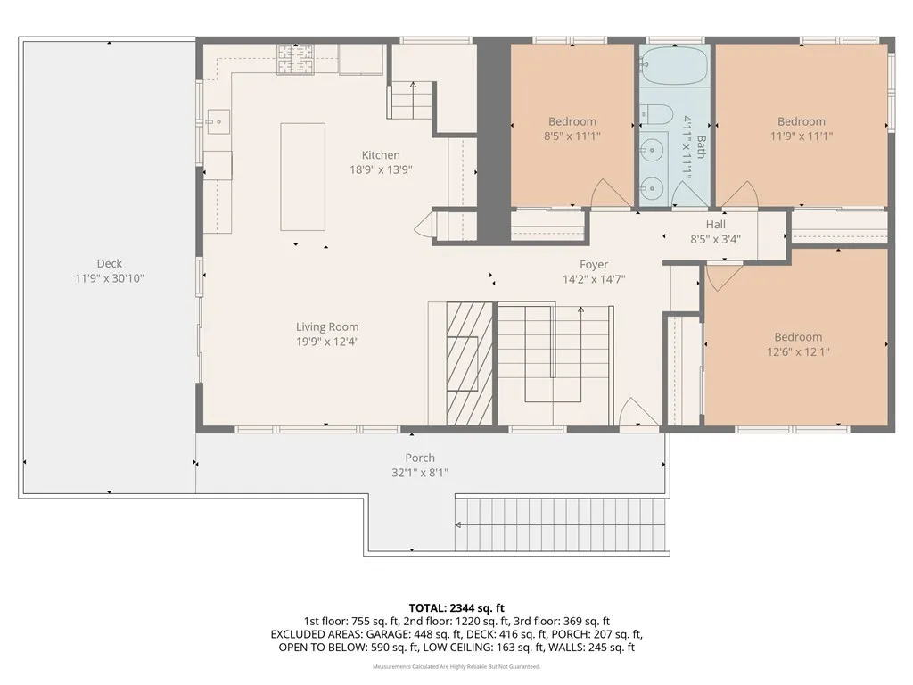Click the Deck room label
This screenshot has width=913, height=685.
pyautogui.click(x=110, y=264)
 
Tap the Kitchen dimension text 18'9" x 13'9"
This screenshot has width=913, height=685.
pyautogui.click(x=381, y=169)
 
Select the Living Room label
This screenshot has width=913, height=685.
pyautogui.click(x=327, y=327)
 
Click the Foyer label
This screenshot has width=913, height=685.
pyautogui.click(x=594, y=264)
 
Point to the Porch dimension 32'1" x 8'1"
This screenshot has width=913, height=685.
pyautogui.click(x=420, y=473)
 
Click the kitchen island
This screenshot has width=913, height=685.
pyautogui.click(x=302, y=177)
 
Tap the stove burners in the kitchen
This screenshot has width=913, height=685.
pyautogui.click(x=295, y=60)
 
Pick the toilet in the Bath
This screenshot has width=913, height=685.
pyautogui.click(x=655, y=114)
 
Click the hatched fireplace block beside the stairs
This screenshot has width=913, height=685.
pyautogui.click(x=469, y=364)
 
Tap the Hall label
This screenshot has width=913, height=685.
pyautogui.click(x=716, y=225)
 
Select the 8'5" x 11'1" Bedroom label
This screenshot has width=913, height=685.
pyautogui.click(x=572, y=121)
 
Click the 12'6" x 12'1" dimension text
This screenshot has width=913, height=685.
pyautogui.click(x=797, y=351)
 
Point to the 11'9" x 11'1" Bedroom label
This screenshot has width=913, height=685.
pyautogui.click(x=801, y=121)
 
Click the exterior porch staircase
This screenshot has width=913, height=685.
pyautogui.click(x=561, y=525)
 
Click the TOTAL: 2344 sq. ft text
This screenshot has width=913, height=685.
pyautogui.click(x=456, y=607)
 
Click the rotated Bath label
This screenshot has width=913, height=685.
pyautogui.click(x=701, y=148)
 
